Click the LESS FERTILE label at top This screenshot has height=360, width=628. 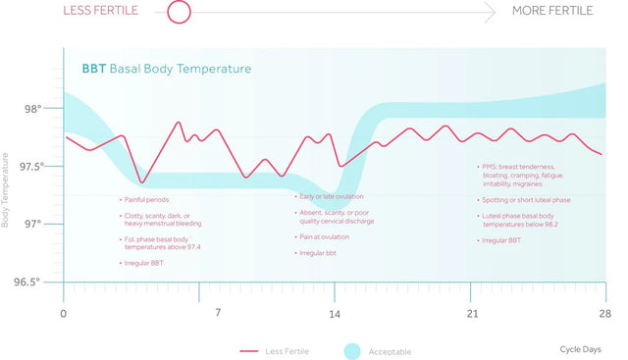100,11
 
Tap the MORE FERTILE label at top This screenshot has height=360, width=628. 552,11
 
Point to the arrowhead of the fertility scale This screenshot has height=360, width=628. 489,12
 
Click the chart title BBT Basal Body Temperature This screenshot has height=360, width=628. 166,69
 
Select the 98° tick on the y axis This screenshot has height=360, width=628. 33,110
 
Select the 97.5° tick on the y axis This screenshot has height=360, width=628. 31,167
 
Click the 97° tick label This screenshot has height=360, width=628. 33,225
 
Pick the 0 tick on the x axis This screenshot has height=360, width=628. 64,313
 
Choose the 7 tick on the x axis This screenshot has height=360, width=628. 218,313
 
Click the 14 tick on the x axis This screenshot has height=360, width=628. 335,313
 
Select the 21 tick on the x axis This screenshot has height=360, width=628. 472,313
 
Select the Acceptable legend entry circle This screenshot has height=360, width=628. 354,350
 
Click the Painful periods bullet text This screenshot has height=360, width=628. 146,199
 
